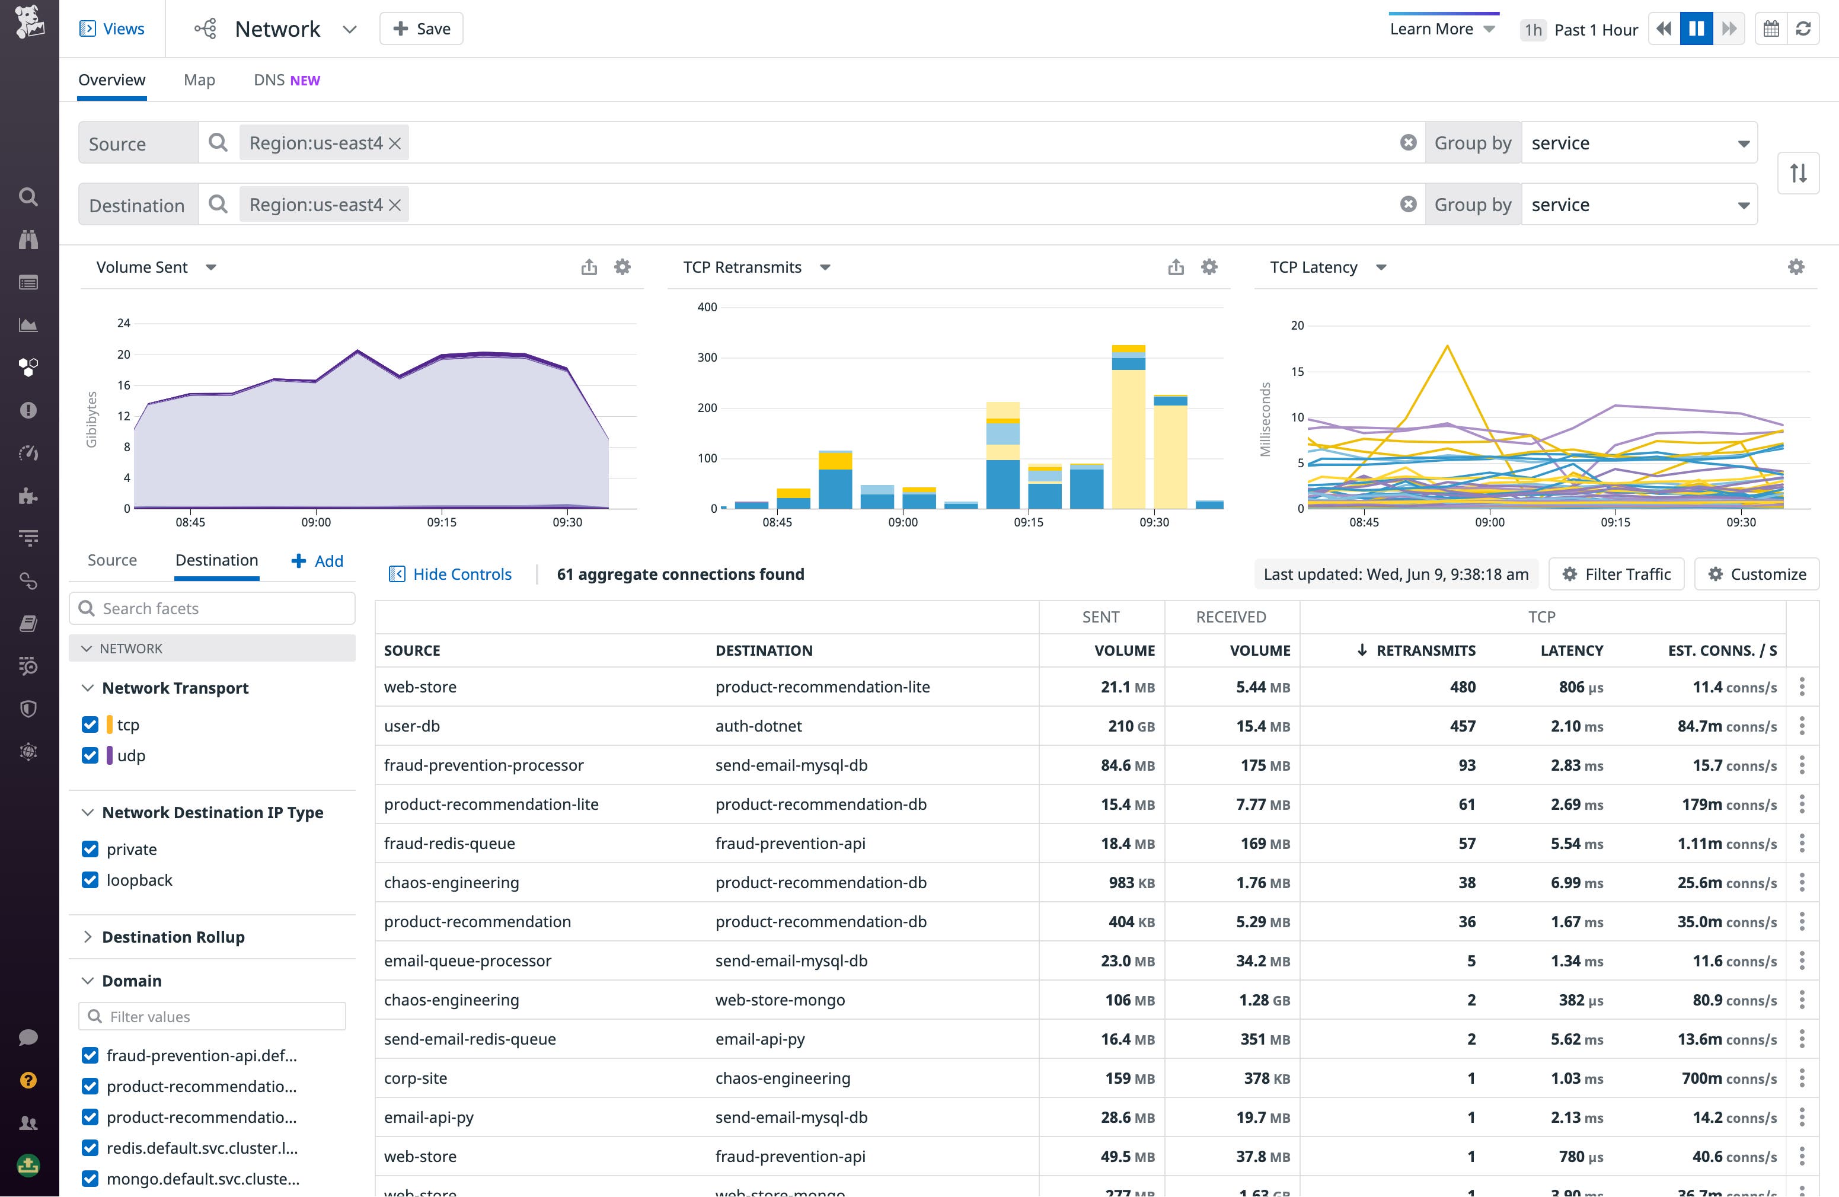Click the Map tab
pos(199,81)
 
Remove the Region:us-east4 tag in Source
pos(395,143)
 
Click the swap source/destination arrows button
pos(1798,173)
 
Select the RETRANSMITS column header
pos(1426,650)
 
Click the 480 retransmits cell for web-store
pos(1462,687)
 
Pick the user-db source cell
pos(412,726)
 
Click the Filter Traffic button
pos(1617,574)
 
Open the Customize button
pos(1757,574)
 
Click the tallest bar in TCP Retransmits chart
pos(1128,433)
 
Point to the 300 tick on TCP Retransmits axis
pos(707,357)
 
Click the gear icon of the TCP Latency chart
pos(1796,267)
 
